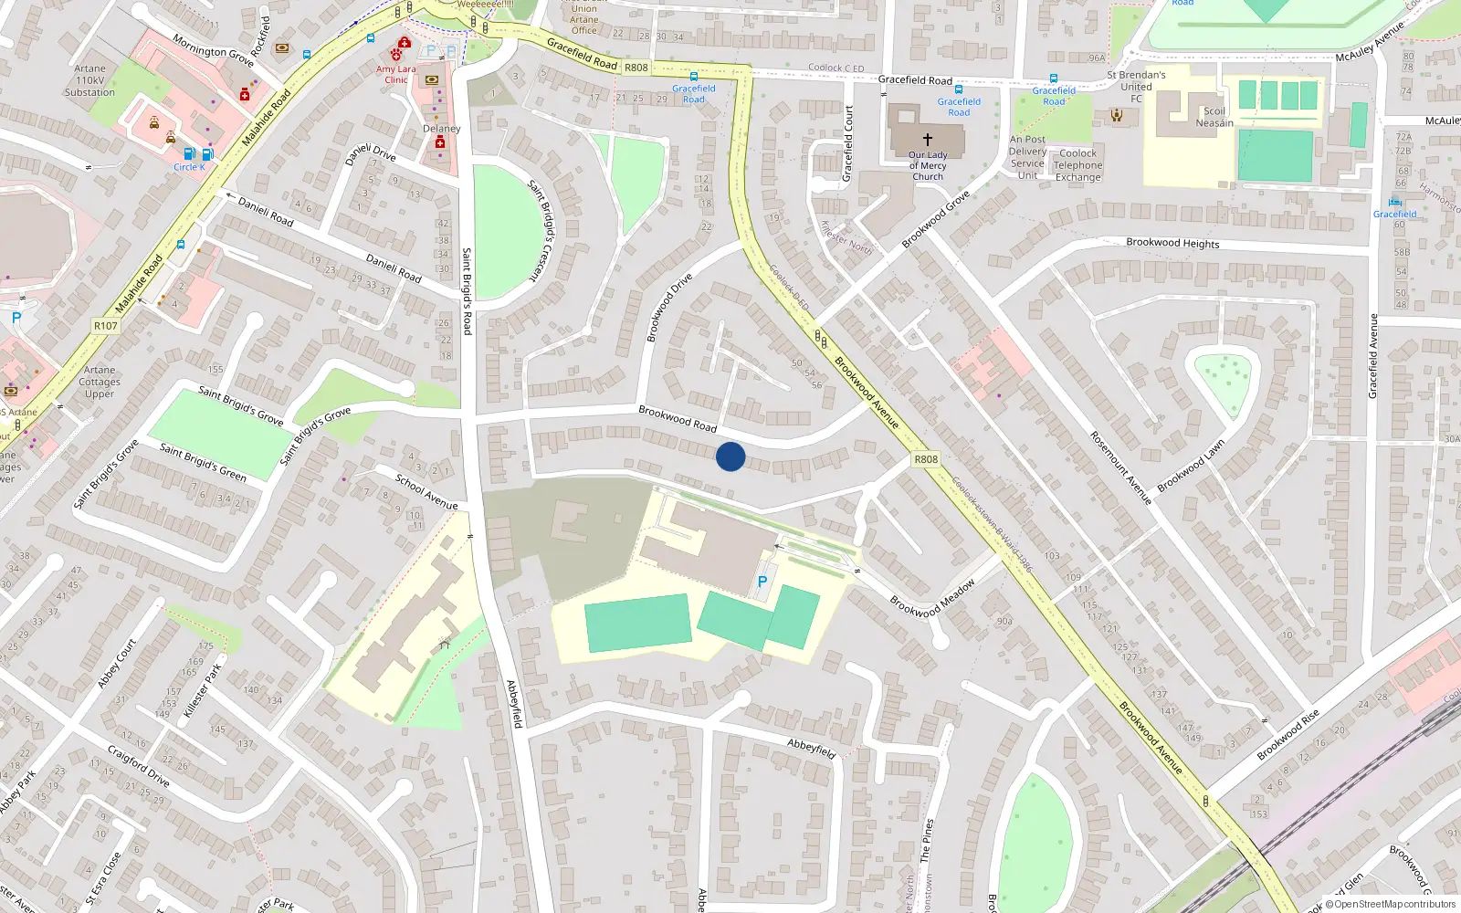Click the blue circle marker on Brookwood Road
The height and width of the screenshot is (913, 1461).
[x=730, y=456]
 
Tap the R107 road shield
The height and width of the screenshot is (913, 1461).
[x=106, y=326]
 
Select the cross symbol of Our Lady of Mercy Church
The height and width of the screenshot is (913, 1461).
[x=928, y=140]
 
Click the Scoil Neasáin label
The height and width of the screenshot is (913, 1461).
[x=1214, y=117]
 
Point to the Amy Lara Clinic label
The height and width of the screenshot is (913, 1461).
[x=395, y=74]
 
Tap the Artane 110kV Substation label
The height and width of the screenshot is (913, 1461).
[x=89, y=80]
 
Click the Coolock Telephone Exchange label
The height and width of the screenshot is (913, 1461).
[x=1078, y=165]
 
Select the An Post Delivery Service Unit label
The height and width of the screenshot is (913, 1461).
[x=1028, y=157]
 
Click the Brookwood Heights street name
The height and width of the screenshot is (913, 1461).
[x=1172, y=243]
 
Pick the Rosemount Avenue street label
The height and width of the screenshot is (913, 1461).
[x=1121, y=468]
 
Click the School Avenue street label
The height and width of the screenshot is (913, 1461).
[x=426, y=491]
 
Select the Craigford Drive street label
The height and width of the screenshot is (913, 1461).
[x=139, y=766]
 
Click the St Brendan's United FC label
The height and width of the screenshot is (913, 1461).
[x=1136, y=87]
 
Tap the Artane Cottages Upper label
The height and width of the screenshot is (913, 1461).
[x=100, y=382]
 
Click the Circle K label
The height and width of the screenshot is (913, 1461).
[x=189, y=167]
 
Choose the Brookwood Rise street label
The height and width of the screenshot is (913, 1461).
[x=1288, y=735]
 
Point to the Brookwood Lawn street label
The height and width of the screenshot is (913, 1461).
[x=1191, y=467]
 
